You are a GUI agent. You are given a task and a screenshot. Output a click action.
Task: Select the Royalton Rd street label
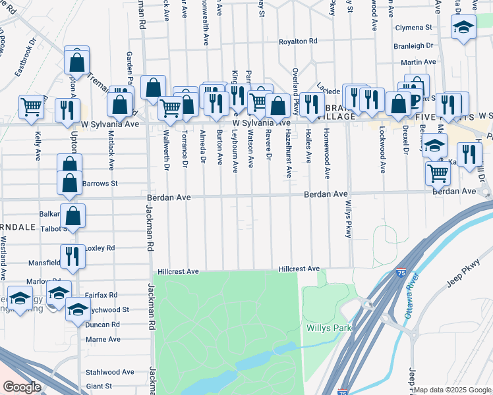[298, 41]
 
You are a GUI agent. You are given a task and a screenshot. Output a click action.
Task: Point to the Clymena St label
[413, 28]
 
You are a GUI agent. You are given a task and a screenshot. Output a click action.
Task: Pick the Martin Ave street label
[419, 62]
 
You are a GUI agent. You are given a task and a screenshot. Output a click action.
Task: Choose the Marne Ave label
[103, 339]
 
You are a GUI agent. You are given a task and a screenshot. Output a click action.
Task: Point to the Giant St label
[100, 386]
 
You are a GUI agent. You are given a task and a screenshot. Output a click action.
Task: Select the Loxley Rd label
[101, 248]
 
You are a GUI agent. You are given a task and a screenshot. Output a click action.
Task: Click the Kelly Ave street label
[38, 145]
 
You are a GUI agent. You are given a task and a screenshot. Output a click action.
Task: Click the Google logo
[22, 387]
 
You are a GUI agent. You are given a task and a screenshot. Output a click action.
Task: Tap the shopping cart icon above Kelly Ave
[31, 106]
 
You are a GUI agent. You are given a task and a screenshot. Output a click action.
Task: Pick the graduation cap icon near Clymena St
[463, 27]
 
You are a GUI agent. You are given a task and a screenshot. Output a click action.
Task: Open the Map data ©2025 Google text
[452, 390]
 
